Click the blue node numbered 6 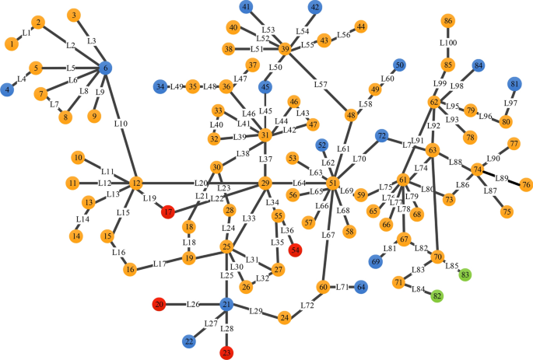(106, 68)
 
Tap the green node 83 (466, 274)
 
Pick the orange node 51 (333, 183)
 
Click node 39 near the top (285, 49)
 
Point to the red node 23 (226, 353)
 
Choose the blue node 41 (247, 8)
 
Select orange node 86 (447, 20)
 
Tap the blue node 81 (514, 84)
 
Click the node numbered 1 (11, 44)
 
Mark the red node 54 (295, 250)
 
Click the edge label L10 (121, 123)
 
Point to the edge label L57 (321, 84)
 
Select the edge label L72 (307, 306)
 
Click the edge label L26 (194, 304)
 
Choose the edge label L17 (160, 264)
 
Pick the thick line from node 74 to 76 (514, 180)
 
